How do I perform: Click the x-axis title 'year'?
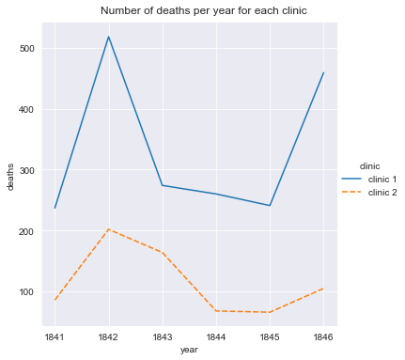[x=189, y=349]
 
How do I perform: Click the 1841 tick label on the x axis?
[x=55, y=336]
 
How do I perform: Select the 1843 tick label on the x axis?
[x=163, y=336]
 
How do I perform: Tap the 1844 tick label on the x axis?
[x=216, y=336]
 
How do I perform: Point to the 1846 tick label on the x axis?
[x=323, y=336]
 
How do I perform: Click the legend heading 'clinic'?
[x=356, y=166]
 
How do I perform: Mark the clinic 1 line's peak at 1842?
[x=109, y=37]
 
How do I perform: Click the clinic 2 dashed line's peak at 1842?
[x=109, y=229]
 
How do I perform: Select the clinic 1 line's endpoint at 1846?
[x=323, y=73]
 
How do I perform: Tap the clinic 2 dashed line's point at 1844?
[x=216, y=311]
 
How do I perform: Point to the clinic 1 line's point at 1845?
[x=270, y=206]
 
